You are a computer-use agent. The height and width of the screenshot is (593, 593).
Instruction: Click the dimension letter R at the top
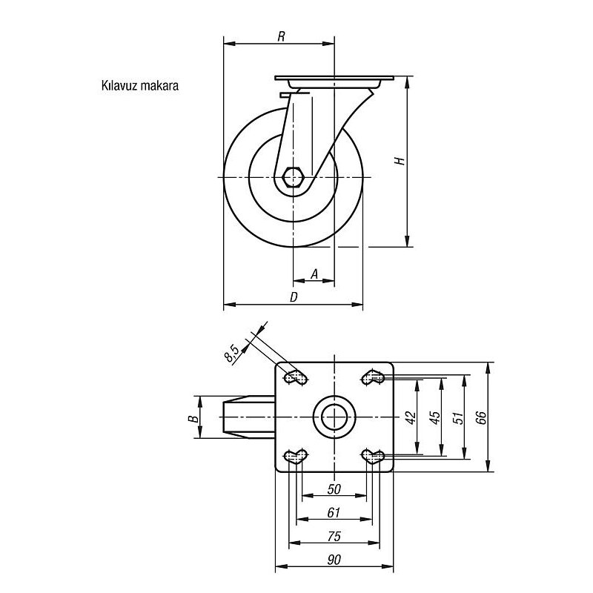pos(281,36)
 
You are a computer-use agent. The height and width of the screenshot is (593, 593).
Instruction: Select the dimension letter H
pos(400,161)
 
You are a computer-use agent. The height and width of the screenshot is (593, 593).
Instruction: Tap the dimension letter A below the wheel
pos(314,274)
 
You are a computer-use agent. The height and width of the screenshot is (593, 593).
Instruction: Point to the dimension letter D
pos(294,297)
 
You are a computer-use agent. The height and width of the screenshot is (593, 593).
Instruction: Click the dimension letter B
pos(193,418)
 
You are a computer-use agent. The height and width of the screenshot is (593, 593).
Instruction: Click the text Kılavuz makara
pos(140,85)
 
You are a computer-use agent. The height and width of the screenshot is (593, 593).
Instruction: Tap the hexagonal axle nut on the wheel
pos(292,177)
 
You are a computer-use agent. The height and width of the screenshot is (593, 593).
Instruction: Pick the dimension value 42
pos(411,417)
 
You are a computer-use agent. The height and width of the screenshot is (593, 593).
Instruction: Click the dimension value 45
pos(435,417)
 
